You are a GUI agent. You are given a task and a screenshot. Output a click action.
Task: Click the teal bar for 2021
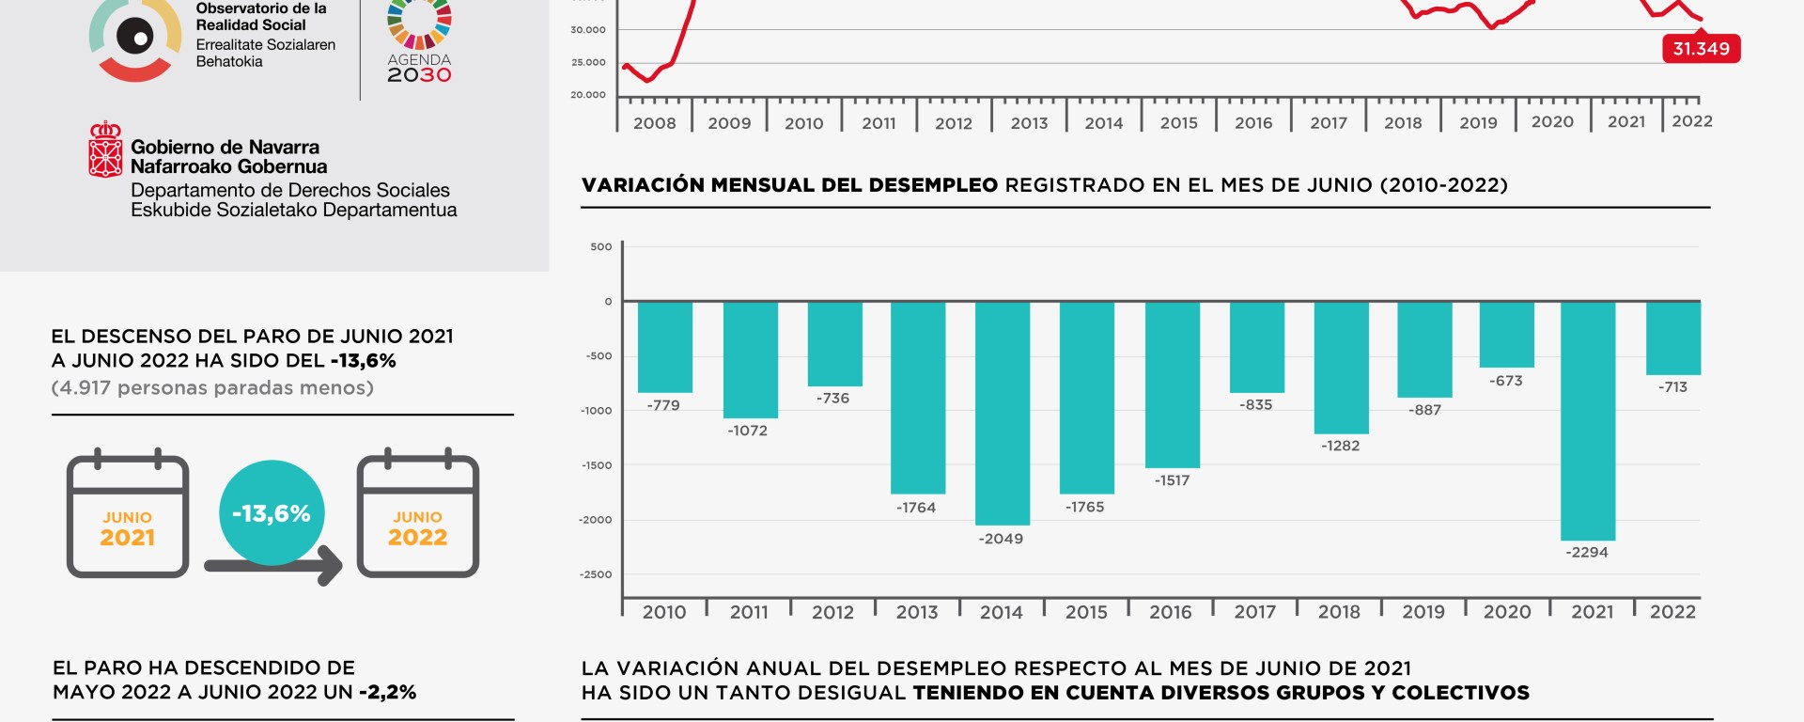[1588, 420]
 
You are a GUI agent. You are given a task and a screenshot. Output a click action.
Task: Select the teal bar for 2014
[1003, 413]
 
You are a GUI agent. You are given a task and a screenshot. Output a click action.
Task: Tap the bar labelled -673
[1506, 335]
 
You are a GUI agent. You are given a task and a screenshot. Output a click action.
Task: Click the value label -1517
[1172, 480]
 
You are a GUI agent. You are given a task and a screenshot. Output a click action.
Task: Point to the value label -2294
[1586, 552]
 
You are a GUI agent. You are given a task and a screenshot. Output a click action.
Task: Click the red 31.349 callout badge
[1701, 49]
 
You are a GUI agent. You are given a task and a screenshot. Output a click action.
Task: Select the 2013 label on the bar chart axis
[917, 612]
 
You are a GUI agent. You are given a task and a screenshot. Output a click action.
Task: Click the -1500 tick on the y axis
[596, 465]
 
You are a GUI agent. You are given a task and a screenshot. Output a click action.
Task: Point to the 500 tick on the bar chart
[600, 247]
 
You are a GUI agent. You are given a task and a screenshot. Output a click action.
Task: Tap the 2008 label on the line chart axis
[654, 123]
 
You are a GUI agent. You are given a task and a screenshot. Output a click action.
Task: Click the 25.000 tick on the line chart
[588, 63]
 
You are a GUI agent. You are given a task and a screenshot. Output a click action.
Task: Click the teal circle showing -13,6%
[272, 512]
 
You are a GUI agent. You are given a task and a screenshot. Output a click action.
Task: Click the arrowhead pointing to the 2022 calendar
[331, 565]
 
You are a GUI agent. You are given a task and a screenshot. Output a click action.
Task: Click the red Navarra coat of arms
[105, 149]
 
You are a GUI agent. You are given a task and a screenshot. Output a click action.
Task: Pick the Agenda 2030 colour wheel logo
[419, 23]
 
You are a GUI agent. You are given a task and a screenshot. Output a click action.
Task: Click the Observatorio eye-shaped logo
[135, 39]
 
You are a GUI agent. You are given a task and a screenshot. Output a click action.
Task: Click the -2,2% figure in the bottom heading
[388, 693]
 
